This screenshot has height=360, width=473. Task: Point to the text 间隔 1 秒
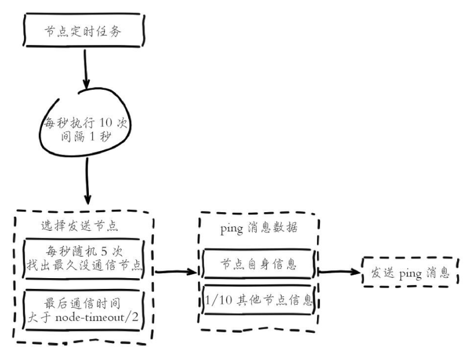(89, 137)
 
